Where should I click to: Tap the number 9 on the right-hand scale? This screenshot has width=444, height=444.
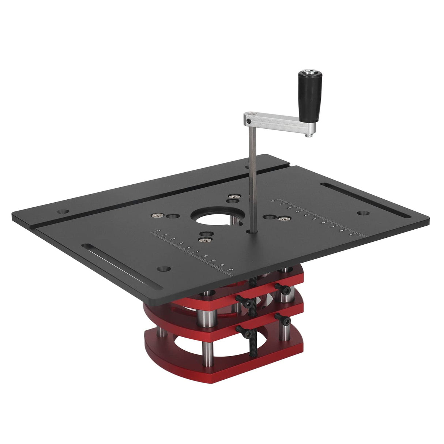coord(350,234)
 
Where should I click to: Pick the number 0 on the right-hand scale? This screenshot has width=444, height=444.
coord(273,201)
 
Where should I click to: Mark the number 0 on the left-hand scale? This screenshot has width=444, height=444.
coord(158,231)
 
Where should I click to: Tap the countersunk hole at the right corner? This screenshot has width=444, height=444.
coord(362,212)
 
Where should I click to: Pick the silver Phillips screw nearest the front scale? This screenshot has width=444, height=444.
coord(202,240)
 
